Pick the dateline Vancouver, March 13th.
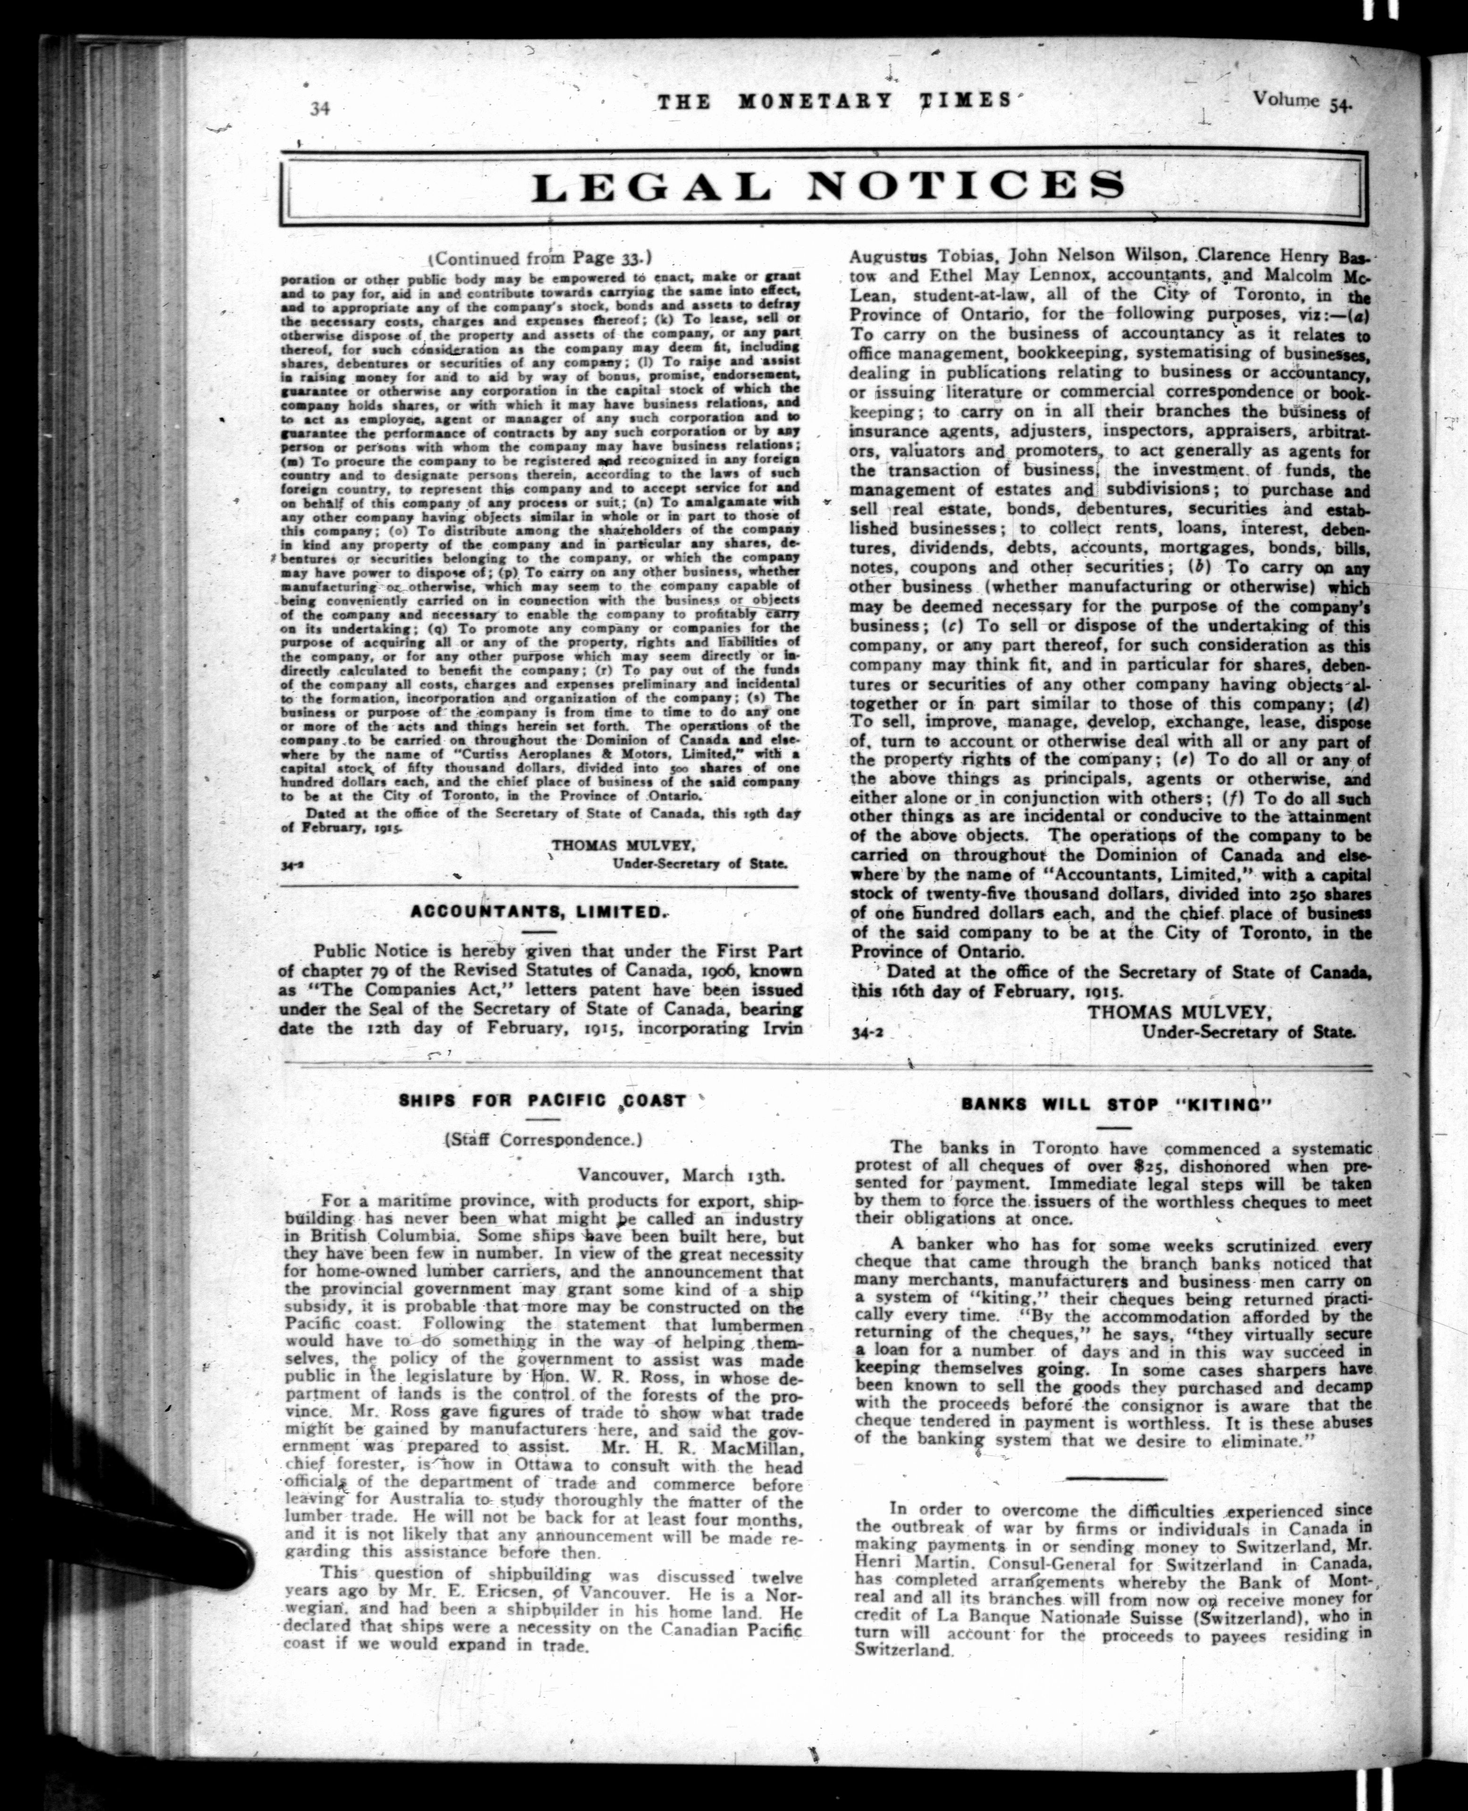[x=682, y=1175]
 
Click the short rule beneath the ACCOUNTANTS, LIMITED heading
[x=539, y=932]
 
